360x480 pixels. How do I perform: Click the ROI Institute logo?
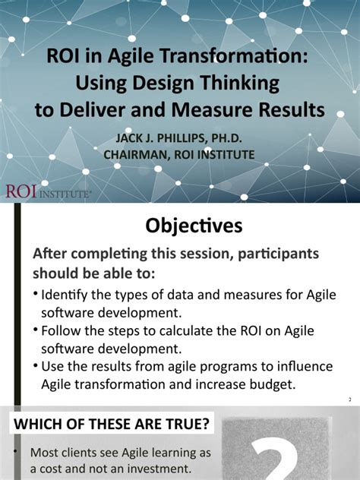tap(47, 191)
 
